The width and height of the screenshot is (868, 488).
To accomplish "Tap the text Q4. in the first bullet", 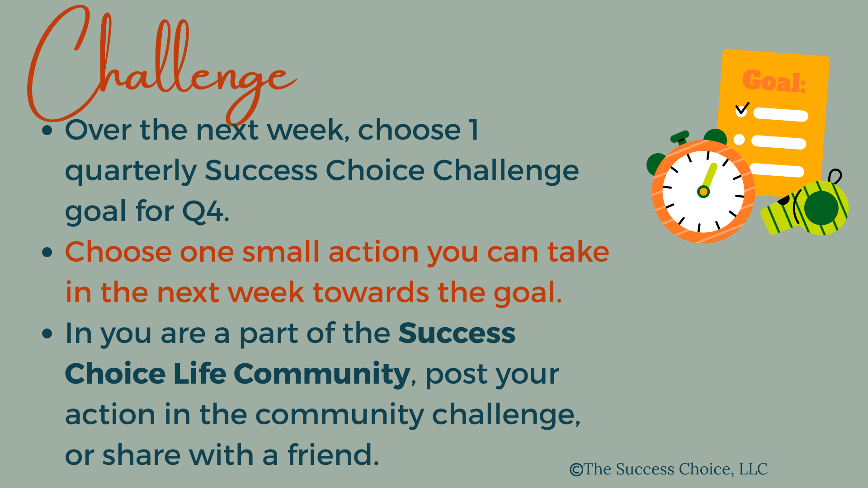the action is [x=206, y=211].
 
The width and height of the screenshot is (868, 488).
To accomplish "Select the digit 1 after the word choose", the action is [x=473, y=130].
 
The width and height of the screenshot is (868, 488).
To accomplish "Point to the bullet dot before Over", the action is [x=47, y=131].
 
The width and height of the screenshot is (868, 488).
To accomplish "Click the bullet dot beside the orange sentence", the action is [x=47, y=252].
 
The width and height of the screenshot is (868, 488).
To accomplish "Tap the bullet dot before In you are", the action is [x=47, y=333].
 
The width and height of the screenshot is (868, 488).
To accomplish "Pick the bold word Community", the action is [x=322, y=375].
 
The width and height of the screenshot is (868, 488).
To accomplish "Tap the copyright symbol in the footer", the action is [x=576, y=470].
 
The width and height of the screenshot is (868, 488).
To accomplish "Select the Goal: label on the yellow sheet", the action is [x=774, y=81].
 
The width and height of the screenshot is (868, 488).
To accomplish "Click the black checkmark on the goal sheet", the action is [x=742, y=108].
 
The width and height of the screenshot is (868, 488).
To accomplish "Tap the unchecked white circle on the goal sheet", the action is [x=739, y=140].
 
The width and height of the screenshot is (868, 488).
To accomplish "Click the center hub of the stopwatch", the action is [x=703, y=192].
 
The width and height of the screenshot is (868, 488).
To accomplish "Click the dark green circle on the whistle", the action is [x=821, y=208].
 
